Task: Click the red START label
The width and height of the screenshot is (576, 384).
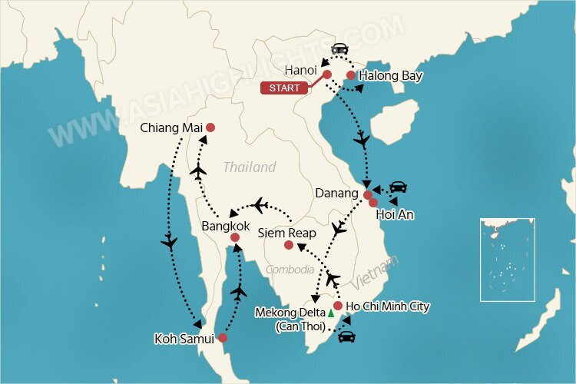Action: (x=284, y=88)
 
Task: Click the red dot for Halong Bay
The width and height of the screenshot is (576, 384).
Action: (x=350, y=75)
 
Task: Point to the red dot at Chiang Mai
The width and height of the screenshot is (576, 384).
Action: (x=210, y=127)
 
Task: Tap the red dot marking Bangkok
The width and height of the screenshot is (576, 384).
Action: (x=235, y=238)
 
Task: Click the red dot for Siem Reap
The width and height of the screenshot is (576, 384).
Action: (x=288, y=246)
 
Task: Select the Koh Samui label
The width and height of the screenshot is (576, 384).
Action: (x=184, y=338)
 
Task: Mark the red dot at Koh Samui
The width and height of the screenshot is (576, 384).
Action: (x=223, y=338)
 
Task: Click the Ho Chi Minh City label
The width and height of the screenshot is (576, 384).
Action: (x=388, y=306)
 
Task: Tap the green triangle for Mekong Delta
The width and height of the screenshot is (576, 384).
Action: (x=331, y=313)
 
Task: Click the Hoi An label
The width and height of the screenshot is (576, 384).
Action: (x=395, y=215)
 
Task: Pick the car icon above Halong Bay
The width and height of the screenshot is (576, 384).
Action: (x=338, y=48)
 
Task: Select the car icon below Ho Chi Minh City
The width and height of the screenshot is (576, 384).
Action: (x=346, y=335)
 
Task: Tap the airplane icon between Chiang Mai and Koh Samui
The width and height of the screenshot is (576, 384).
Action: (x=170, y=243)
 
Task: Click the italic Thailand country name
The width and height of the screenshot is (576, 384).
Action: (x=250, y=167)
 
